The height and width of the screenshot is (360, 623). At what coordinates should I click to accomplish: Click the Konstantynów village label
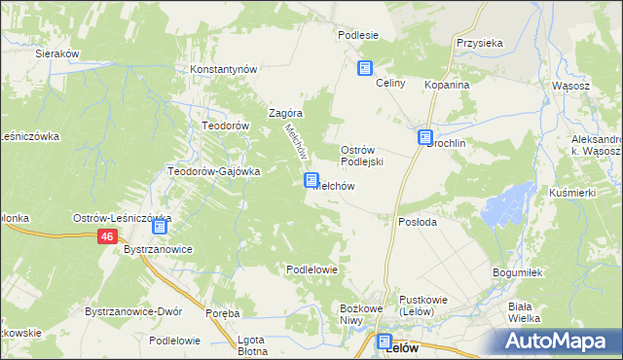coord(223,70)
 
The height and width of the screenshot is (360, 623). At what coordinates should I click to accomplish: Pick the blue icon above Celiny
coord(365,68)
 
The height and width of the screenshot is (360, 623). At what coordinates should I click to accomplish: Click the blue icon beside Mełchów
coord(311,180)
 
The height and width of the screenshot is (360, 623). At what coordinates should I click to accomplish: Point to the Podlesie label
coord(357,35)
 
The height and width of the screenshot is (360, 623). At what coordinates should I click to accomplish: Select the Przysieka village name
coord(479,44)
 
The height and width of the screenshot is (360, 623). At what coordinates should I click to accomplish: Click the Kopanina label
coord(447,86)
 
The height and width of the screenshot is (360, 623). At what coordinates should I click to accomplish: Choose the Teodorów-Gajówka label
coord(214,171)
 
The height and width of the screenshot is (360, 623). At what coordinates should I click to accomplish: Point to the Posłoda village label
coord(418,222)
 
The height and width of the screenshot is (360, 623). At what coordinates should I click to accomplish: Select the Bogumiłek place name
coord(517,273)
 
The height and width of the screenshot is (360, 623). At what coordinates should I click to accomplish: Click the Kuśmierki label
coord(572,194)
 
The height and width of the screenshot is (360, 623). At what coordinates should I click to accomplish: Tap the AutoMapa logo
coord(559,341)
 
